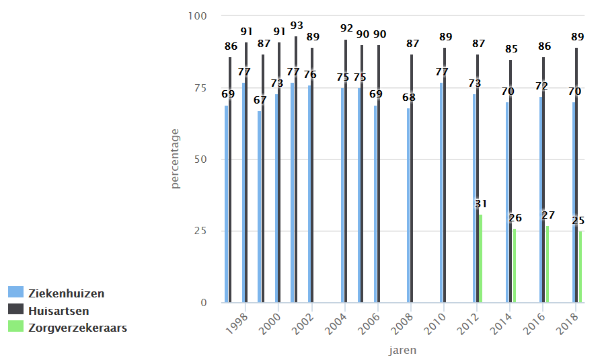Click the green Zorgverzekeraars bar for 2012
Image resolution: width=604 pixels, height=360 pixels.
pyautogui.click(x=480, y=258)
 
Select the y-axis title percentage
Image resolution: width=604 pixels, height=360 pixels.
pyautogui.click(x=175, y=159)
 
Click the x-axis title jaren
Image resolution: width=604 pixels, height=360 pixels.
pyautogui.click(x=402, y=350)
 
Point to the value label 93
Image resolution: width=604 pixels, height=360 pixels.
pyautogui.click(x=297, y=26)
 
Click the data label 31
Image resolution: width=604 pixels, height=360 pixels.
pyautogui.click(x=480, y=204)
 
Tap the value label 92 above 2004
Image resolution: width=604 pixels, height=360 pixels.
pyautogui.click(x=346, y=28)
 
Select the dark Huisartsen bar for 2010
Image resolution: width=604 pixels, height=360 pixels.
pyautogui.click(x=445, y=175)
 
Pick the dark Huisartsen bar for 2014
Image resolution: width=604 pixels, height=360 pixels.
pyautogui.click(x=511, y=181)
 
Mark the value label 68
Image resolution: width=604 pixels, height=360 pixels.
pyautogui.click(x=409, y=98)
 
